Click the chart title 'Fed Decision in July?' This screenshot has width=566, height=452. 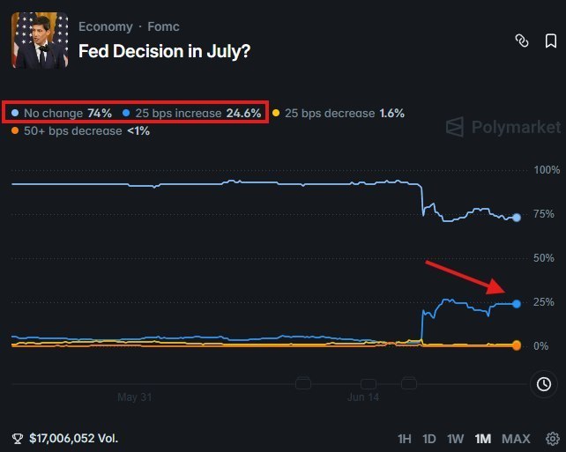click(164, 51)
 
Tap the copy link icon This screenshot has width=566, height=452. click(522, 41)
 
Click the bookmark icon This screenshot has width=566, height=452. click(550, 41)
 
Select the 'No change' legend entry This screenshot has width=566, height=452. click(62, 114)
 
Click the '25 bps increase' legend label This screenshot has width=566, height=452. click(178, 114)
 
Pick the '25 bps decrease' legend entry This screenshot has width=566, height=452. click(339, 114)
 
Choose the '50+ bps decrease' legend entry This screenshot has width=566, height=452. click(80, 130)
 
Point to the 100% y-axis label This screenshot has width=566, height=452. click(547, 170)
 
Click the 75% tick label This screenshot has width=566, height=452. click(544, 214)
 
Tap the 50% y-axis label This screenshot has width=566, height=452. click(544, 258)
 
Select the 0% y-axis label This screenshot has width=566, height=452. click(541, 346)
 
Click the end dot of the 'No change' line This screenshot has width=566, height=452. click(517, 218)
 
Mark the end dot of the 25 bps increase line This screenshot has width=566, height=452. click(517, 304)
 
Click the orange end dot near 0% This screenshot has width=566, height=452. click(517, 345)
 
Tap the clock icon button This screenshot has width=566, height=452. click(544, 384)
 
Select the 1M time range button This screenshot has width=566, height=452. click(482, 439)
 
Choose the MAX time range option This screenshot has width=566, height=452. click(516, 439)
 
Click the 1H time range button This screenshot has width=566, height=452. click(405, 439)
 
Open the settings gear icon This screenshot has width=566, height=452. click(552, 439)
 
